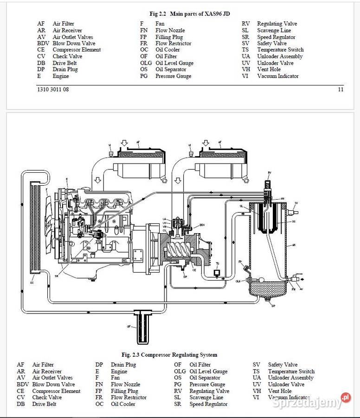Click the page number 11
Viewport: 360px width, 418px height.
click(341, 90)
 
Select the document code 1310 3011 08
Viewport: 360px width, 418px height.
click(53, 90)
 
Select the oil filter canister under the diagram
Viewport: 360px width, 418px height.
click(142, 327)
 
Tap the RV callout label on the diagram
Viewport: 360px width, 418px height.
click(270, 173)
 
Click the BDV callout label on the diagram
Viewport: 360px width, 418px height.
click(202, 225)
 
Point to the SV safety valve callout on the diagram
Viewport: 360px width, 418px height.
click(296, 203)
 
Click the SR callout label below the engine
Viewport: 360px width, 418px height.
click(57, 276)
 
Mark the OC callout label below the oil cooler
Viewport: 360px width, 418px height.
click(32, 282)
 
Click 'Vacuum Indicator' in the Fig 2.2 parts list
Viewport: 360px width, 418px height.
click(278, 76)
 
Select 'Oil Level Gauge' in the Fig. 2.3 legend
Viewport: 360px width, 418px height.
click(208, 372)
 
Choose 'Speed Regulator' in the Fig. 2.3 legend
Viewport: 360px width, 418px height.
click(208, 404)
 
